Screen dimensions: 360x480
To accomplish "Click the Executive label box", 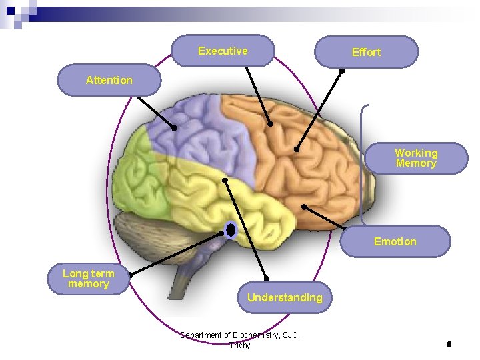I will (223, 51).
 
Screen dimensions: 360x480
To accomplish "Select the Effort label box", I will (366, 52).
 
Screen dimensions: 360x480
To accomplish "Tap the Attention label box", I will (109, 80).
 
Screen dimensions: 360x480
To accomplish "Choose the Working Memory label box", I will (416, 158).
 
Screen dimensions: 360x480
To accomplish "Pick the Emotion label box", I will (395, 241).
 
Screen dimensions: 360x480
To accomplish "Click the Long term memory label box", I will (89, 279).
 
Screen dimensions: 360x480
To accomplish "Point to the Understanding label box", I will (285, 297).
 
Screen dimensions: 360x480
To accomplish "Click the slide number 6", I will (449, 344).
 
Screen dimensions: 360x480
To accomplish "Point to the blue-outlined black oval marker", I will (231, 230).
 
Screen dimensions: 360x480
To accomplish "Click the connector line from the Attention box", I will (155, 111).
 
